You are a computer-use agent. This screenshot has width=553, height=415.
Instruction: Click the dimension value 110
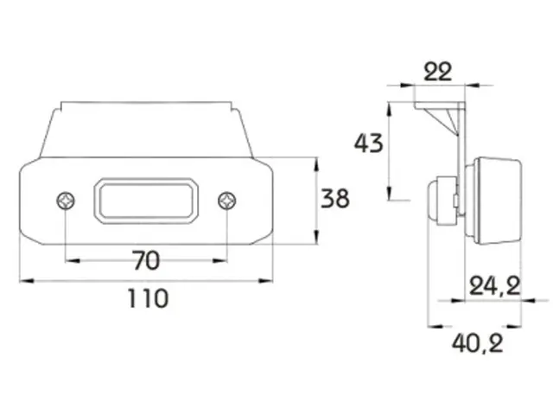pyautogui.click(x=148, y=298)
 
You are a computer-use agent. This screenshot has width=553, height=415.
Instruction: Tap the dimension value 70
pyautogui.click(x=147, y=260)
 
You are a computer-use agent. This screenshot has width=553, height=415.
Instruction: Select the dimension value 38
pyautogui.click(x=335, y=198)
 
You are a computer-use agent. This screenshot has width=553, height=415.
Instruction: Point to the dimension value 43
pyautogui.click(x=369, y=144)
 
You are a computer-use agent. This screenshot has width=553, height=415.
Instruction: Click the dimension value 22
pyautogui.click(x=437, y=72)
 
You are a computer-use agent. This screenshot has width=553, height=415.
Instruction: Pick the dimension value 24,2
pyautogui.click(x=495, y=286)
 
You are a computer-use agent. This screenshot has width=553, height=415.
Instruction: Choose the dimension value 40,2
pyautogui.click(x=478, y=343)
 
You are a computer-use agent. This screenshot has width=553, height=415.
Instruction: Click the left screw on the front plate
pyautogui.click(x=66, y=201)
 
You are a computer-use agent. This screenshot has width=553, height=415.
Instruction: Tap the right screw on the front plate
pyautogui.click(x=227, y=201)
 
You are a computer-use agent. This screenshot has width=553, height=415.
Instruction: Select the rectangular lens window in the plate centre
pyautogui.click(x=146, y=201)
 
